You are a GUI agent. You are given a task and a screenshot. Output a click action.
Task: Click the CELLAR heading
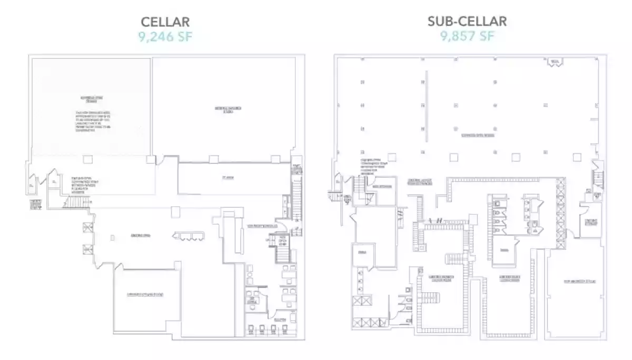point(165,22)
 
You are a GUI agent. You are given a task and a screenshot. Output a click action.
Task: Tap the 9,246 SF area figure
point(165,36)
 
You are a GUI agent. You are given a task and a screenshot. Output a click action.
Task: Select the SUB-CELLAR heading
point(467,21)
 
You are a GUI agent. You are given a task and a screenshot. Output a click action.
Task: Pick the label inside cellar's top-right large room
point(228,109)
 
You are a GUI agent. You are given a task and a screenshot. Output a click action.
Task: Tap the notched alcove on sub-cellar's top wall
point(554,62)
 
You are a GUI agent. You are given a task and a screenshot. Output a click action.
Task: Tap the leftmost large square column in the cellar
point(88,159)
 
